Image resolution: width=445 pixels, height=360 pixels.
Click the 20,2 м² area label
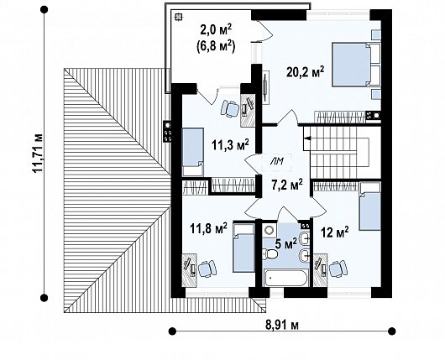(305, 72)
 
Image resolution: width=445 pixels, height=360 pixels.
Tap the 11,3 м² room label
(230, 145)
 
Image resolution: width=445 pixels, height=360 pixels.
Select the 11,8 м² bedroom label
(208, 228)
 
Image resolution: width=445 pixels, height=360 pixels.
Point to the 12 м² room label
(335, 232)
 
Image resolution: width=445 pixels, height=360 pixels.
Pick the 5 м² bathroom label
(285, 243)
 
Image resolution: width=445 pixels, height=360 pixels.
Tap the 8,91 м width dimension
(282, 325)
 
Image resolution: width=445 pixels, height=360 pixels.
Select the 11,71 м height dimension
(37, 153)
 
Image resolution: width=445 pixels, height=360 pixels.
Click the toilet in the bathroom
(269, 254)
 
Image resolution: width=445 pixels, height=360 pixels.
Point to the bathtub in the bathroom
(285, 278)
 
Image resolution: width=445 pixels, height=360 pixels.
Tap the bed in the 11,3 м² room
(193, 152)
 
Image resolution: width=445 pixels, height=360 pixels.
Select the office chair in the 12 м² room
(338, 269)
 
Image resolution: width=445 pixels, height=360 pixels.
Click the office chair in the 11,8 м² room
(207, 269)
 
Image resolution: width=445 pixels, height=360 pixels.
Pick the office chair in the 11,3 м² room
(230, 108)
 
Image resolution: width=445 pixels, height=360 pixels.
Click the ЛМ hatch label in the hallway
(276, 162)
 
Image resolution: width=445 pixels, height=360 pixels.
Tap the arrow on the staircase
(307, 138)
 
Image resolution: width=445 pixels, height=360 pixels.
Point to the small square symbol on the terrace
(178, 18)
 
